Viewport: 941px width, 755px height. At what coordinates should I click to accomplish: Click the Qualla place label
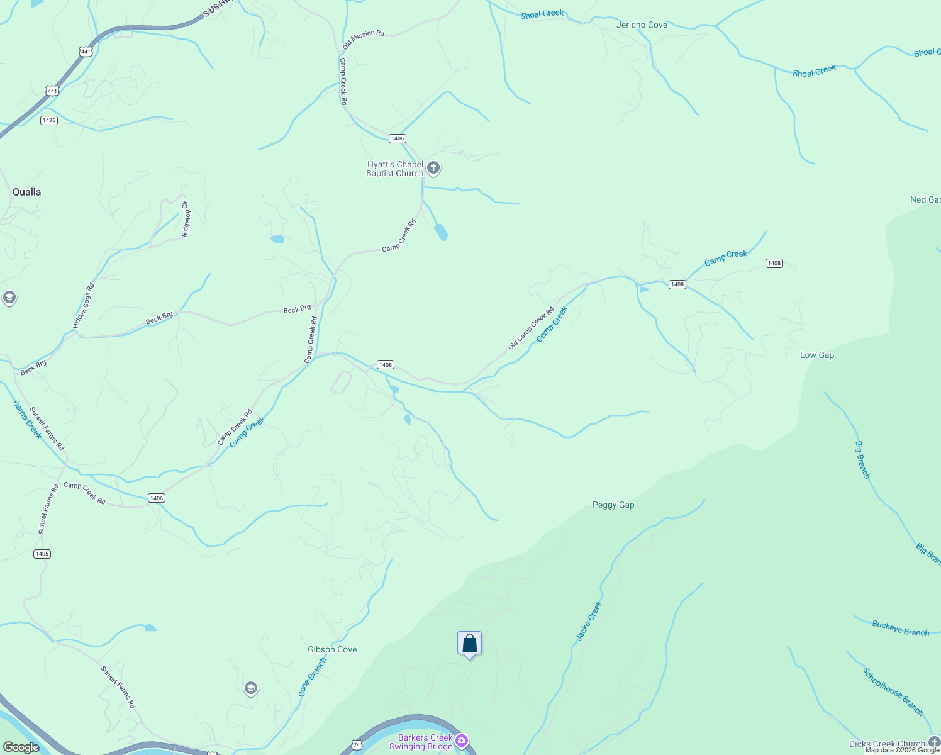pyautogui.click(x=27, y=192)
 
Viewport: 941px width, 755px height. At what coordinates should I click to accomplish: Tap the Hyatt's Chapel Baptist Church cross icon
pyautogui.click(x=433, y=168)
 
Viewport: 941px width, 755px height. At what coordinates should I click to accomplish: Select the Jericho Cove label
pyautogui.click(x=642, y=25)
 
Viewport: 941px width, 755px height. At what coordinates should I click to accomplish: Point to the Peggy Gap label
pyautogui.click(x=613, y=505)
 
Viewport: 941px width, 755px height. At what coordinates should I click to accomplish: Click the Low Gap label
pyautogui.click(x=817, y=355)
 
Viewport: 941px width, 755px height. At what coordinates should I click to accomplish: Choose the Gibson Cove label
pyautogui.click(x=332, y=649)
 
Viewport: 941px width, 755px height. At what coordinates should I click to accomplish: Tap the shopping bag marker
pyautogui.click(x=469, y=644)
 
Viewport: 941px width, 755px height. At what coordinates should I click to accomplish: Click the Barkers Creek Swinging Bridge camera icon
pyautogui.click(x=462, y=741)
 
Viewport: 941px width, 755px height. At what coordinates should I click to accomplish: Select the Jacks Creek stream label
pyautogui.click(x=589, y=621)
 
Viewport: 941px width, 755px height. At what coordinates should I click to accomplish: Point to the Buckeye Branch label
pyautogui.click(x=900, y=628)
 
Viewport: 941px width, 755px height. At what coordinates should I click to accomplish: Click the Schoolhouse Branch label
pyautogui.click(x=893, y=691)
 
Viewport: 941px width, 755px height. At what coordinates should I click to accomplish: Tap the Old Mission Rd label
pyautogui.click(x=363, y=40)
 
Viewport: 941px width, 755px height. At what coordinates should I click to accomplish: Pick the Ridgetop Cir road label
pyautogui.click(x=185, y=219)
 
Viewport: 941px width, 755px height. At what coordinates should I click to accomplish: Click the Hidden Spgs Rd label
pyautogui.click(x=84, y=306)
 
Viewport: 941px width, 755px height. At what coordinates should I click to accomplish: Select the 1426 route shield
pyautogui.click(x=48, y=120)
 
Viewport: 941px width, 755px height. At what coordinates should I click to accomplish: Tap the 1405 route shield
pyautogui.click(x=42, y=554)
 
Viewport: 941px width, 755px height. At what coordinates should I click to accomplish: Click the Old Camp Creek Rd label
pyautogui.click(x=531, y=328)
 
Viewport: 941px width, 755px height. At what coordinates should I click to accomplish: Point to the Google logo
pyautogui.click(x=21, y=747)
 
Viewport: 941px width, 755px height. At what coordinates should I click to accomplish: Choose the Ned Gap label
pyautogui.click(x=925, y=199)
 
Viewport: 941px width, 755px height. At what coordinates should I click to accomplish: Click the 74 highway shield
pyautogui.click(x=357, y=745)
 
